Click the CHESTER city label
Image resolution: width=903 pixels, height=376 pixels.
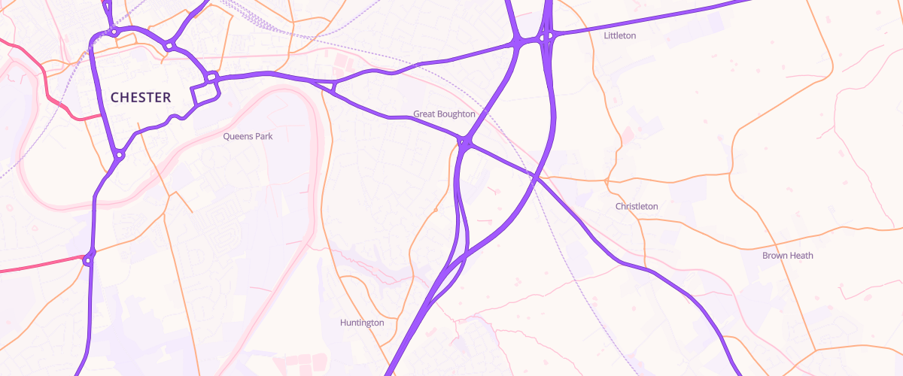pos(141,97)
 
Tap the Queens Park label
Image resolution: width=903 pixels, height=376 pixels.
pos(248,137)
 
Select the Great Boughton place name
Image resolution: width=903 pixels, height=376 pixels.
pos(444,114)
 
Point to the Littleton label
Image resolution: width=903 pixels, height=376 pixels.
pos(620,35)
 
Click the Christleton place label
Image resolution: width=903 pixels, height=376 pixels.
pos(637,206)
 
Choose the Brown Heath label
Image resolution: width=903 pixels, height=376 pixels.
pos(788,256)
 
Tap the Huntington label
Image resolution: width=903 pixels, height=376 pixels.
pos(362,323)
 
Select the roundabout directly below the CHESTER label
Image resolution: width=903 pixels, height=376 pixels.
pos(119,156)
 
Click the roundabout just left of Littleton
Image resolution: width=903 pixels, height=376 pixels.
pos(548,35)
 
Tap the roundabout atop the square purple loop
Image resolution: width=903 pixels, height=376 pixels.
pos(212,76)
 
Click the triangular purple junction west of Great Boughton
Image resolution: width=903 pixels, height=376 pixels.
pos(331,86)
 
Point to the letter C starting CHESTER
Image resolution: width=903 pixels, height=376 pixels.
pos(115,97)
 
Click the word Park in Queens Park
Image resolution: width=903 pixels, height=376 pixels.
pos(263,137)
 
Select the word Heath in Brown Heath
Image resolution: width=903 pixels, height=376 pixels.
pos(801,256)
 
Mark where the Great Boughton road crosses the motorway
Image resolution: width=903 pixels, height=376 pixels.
pos(534,177)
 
